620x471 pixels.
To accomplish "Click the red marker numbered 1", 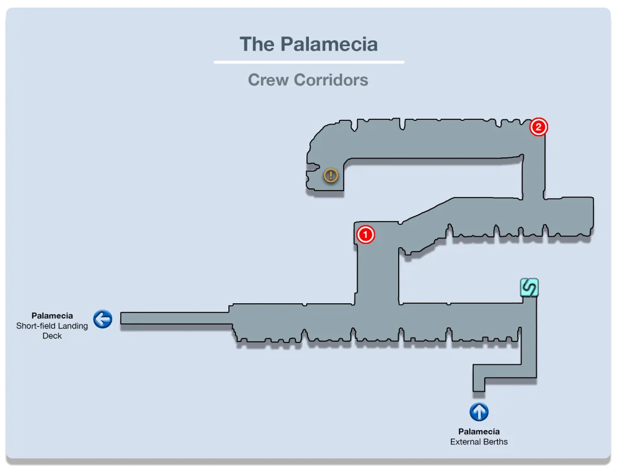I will click(x=365, y=235).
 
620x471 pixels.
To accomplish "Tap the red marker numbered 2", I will click(x=538, y=127).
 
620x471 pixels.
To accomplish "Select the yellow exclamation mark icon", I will click(x=331, y=175).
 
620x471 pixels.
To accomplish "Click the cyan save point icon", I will click(x=529, y=287).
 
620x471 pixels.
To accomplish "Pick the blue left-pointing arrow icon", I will click(x=103, y=319).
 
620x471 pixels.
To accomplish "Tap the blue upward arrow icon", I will click(x=479, y=412).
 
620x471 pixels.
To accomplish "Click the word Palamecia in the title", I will click(x=329, y=44).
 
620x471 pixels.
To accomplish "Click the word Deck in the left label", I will click(x=52, y=336).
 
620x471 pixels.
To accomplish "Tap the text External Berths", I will click(x=479, y=442).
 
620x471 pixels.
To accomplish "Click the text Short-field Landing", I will click(x=52, y=326).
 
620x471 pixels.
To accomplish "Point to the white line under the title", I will click(x=308, y=62).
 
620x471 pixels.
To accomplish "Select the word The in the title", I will click(x=257, y=44).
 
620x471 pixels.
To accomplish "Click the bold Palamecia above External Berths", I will click(x=479, y=432).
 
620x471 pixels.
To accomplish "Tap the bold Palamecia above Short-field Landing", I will click(x=52, y=316).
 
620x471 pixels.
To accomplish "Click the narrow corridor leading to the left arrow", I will click(x=174, y=318).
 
